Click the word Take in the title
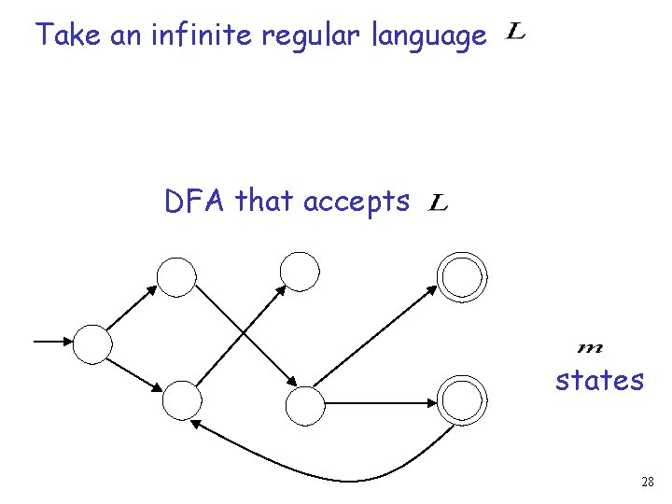click(68, 36)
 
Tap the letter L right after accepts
click(439, 203)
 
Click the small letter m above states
click(591, 348)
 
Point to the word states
click(599, 380)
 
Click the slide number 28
click(647, 482)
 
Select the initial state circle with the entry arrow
click(92, 343)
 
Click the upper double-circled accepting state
click(462, 276)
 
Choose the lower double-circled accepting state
click(463, 399)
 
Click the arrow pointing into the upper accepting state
click(373, 337)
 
